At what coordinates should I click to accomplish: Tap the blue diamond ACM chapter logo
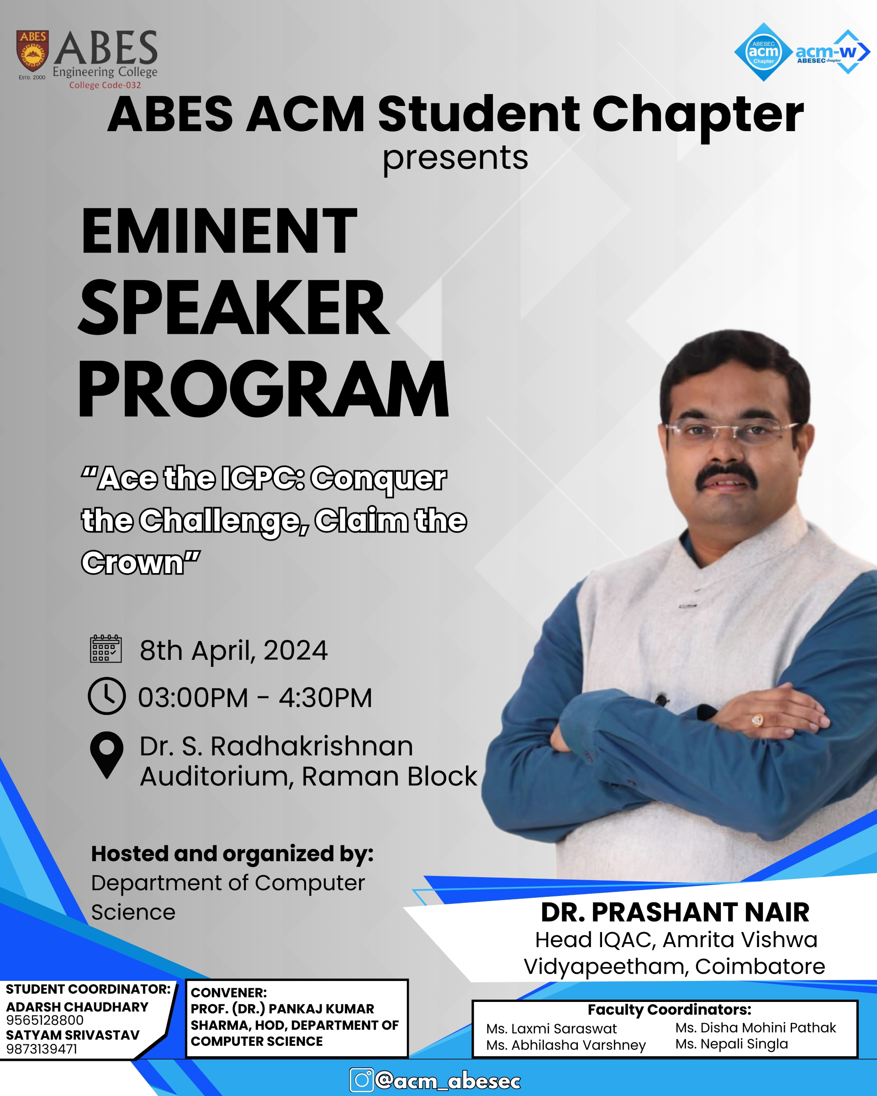(763, 52)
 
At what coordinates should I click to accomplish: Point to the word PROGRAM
(264, 389)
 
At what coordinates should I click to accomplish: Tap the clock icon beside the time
(107, 696)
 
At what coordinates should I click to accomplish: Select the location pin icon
(107, 755)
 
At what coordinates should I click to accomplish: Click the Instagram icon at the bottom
(361, 1080)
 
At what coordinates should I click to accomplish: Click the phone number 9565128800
(45, 1020)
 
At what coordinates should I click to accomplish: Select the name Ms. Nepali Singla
(732, 1044)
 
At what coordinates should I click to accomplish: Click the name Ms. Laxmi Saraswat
(551, 1029)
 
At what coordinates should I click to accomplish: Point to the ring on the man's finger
(757, 720)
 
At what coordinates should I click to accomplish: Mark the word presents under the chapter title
(455, 158)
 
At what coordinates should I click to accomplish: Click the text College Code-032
(105, 85)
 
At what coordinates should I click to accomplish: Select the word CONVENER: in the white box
(229, 993)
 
